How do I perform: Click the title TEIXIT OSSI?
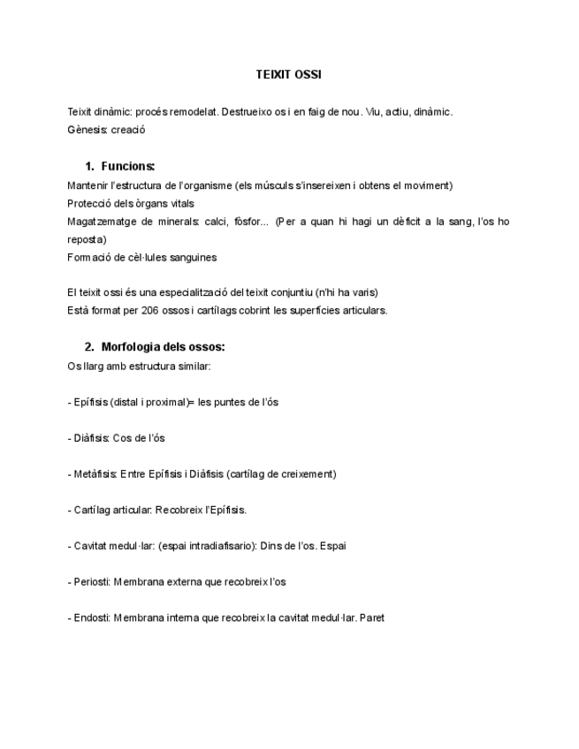(x=288, y=75)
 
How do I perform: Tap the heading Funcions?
(x=128, y=166)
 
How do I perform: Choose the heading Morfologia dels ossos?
(x=164, y=346)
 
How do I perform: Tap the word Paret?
(x=372, y=617)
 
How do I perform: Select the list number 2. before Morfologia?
(x=89, y=346)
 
